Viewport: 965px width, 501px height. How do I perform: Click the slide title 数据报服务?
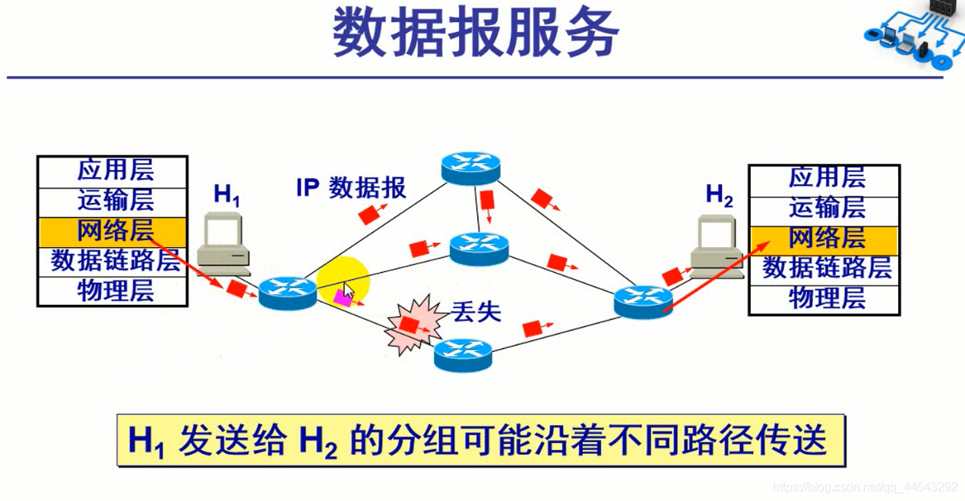pyautogui.click(x=476, y=34)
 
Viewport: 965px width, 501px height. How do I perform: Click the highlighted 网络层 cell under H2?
pyautogui.click(x=825, y=238)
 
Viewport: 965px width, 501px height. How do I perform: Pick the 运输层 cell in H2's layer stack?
pyautogui.click(x=825, y=208)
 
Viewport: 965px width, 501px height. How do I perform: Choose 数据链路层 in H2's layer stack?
pyautogui.click(x=825, y=268)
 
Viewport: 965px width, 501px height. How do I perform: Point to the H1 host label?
pyautogui.click(x=226, y=195)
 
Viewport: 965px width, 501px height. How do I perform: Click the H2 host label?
pyautogui.click(x=719, y=195)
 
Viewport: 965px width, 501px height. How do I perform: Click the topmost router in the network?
pyautogui.click(x=471, y=166)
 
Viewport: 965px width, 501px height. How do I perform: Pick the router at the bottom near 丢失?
pyautogui.click(x=464, y=354)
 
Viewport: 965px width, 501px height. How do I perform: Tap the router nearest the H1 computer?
pyautogui.click(x=287, y=293)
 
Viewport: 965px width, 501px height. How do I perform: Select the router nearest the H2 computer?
pyautogui.click(x=643, y=302)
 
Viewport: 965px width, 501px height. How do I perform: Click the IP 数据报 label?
pyautogui.click(x=351, y=188)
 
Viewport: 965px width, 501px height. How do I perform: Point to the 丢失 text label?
pyautogui.click(x=476, y=312)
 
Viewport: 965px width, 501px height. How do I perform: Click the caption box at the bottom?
pyautogui.click(x=480, y=440)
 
